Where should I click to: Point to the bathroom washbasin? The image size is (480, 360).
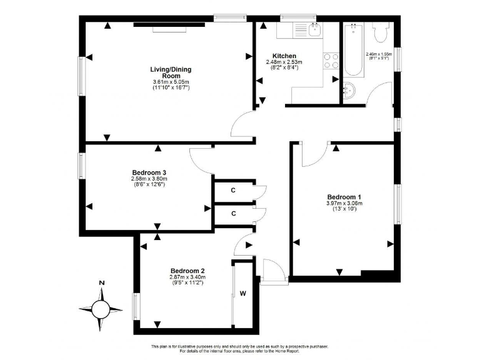[349, 90]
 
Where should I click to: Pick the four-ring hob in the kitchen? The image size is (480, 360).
[331, 60]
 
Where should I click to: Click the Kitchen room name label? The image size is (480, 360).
[284, 56]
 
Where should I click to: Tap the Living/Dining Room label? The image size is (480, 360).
[162, 72]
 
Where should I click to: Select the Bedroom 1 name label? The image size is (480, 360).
[344, 195]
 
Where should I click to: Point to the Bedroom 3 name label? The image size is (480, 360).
[149, 172]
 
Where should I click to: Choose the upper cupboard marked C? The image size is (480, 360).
[233, 190]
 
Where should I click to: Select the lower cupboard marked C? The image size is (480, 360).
[233, 213]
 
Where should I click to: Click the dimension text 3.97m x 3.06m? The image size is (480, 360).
[344, 202]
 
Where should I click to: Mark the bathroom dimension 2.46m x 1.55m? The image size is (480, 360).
[379, 54]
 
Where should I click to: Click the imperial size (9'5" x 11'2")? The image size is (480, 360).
[187, 283]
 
